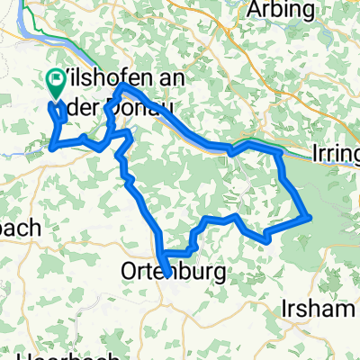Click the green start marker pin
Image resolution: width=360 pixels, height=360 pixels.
click(x=55, y=84)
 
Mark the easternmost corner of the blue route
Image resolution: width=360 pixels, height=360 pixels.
click(x=310, y=215)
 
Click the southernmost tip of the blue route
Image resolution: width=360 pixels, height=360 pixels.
click(x=166, y=274)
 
